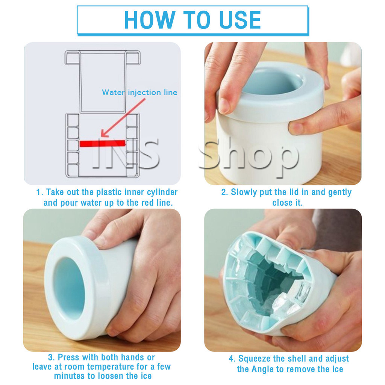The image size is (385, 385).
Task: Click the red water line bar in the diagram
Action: click(102, 143)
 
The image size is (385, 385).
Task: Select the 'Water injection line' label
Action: click(139, 92)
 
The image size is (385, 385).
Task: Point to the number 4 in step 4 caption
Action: click(231, 359)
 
